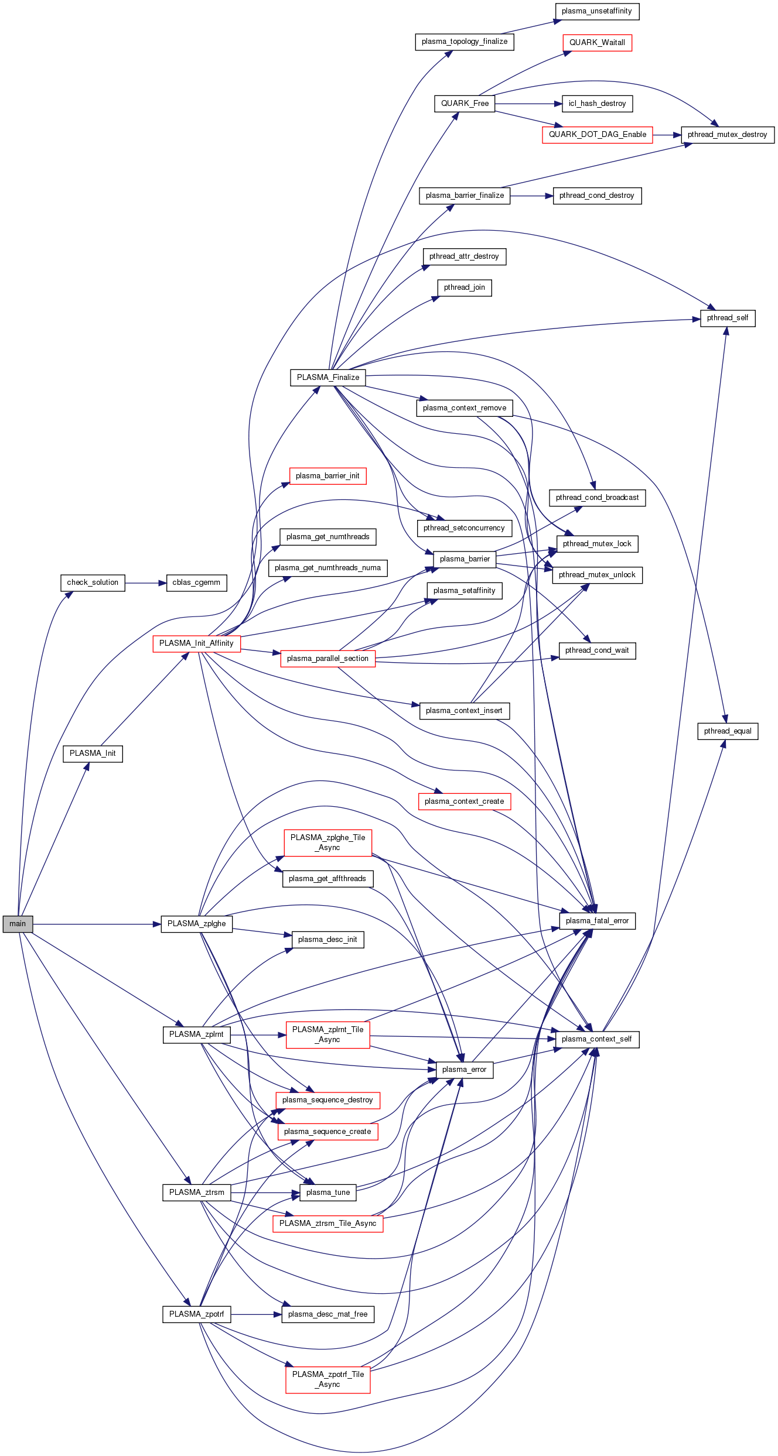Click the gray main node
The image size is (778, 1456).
(x=18, y=924)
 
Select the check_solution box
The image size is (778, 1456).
(x=93, y=583)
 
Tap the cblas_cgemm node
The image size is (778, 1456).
(x=196, y=583)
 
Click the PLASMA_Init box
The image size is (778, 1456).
(x=93, y=753)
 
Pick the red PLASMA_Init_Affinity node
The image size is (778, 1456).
(x=196, y=643)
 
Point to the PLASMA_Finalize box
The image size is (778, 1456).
(x=328, y=378)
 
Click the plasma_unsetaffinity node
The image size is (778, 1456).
(x=596, y=11)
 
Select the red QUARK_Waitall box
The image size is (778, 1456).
(x=597, y=43)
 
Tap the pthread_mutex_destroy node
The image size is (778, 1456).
(x=727, y=135)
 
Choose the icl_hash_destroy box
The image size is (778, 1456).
(x=597, y=104)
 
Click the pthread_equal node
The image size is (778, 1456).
(x=728, y=731)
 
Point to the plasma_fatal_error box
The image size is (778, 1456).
(x=597, y=921)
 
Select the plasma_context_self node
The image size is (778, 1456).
(x=596, y=1039)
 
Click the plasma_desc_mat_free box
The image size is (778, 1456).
(x=328, y=1314)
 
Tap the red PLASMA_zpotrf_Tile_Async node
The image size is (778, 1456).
(x=328, y=1379)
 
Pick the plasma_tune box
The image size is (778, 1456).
(x=328, y=1193)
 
